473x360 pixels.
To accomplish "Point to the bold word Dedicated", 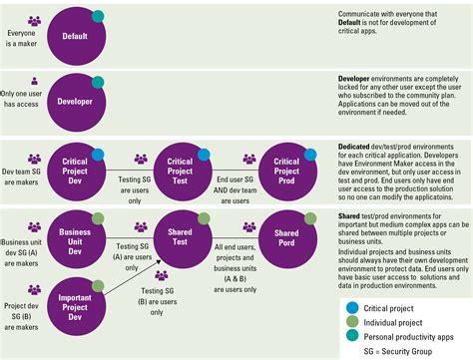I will click(x=358, y=146).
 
